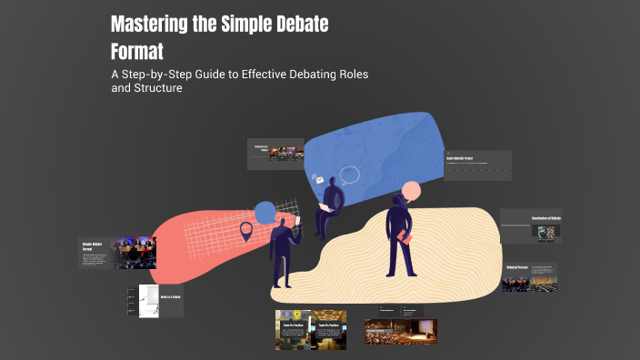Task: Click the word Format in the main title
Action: click(136, 51)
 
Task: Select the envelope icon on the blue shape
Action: click(319, 180)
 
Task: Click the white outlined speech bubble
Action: click(350, 175)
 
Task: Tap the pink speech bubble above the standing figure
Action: click(411, 191)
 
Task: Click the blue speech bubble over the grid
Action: click(265, 213)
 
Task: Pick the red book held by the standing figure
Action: click(404, 237)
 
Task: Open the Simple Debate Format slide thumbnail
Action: click(117, 254)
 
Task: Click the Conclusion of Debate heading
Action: click(545, 219)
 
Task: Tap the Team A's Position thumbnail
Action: click(292, 331)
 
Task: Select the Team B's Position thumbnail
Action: click(328, 331)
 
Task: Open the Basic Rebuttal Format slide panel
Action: click(477, 165)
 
